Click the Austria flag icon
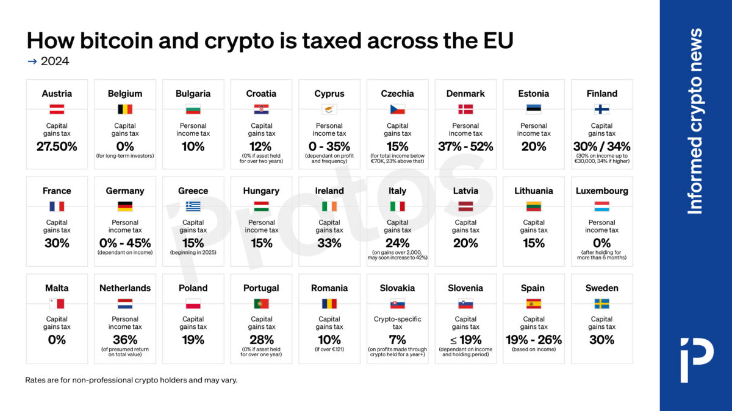coord(57,110)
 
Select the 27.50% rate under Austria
coord(57,147)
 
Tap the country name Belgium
coord(125,94)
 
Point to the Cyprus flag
coord(329,110)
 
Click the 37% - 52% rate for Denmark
coord(465,147)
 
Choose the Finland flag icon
coord(601,110)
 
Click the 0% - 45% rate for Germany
coord(125,243)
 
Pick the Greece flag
coord(193,206)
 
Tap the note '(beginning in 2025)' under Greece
coord(193,252)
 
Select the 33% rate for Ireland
coord(329,243)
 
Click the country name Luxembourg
coord(601,191)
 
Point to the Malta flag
coord(57,303)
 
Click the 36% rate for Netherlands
coord(125,340)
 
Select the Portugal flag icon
coord(261,303)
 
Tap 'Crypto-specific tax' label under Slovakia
coord(397,323)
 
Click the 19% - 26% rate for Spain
coord(534,340)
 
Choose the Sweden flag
coord(601,303)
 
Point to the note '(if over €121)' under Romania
coord(329,350)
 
